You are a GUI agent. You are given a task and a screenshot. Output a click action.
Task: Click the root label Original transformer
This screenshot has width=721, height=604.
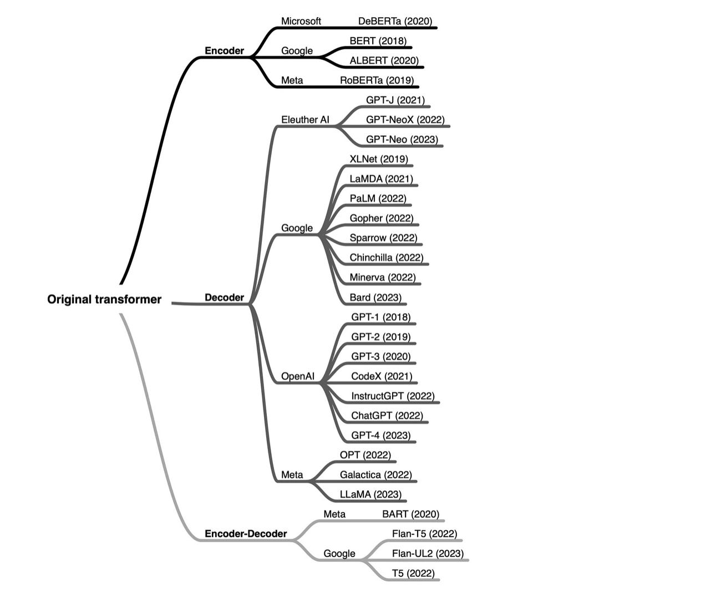pyautogui.click(x=104, y=300)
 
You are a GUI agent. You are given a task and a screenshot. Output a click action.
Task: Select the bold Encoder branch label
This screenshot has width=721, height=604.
pyautogui.click(x=224, y=51)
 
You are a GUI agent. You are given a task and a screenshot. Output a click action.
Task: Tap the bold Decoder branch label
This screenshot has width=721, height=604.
pyautogui.click(x=224, y=298)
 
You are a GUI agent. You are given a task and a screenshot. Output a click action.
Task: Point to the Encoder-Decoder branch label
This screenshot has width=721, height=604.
pyautogui.click(x=246, y=534)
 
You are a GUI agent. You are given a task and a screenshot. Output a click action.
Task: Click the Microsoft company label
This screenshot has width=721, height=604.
pyautogui.click(x=301, y=21)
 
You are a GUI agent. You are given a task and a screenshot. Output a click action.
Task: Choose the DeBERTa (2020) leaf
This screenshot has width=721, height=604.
pyautogui.click(x=395, y=21)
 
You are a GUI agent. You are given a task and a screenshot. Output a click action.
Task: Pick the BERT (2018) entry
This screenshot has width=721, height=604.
pyautogui.click(x=378, y=41)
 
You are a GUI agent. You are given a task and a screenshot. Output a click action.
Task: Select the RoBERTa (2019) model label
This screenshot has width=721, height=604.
pyautogui.click(x=377, y=80)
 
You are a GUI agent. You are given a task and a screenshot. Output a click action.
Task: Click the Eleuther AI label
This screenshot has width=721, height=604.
pyautogui.click(x=305, y=120)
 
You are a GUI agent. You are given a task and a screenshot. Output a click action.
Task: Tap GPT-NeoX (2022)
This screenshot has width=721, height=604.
pyautogui.click(x=405, y=120)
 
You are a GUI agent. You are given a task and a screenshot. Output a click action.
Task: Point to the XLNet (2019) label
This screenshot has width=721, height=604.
pyautogui.click(x=379, y=159)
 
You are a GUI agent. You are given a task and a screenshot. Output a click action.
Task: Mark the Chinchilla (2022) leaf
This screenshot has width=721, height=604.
pyautogui.click(x=386, y=258)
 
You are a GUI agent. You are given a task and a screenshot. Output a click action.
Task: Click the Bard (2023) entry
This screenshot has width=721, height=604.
pyautogui.click(x=375, y=298)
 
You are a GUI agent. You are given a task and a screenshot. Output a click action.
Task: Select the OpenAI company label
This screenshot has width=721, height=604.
pyautogui.click(x=298, y=376)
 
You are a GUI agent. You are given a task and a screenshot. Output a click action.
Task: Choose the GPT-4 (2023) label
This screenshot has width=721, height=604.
pyautogui.click(x=380, y=436)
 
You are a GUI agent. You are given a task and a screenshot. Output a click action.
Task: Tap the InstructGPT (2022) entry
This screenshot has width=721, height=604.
pyautogui.click(x=393, y=396)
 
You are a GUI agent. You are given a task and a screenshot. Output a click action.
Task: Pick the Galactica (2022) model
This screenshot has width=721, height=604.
pyautogui.click(x=375, y=475)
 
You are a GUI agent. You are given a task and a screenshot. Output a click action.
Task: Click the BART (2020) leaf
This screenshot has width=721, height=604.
pyautogui.click(x=410, y=514)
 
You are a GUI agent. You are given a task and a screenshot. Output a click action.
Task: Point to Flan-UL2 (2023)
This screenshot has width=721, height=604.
pyautogui.click(x=428, y=554)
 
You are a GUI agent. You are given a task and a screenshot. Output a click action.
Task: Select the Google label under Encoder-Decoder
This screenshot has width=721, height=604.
pyautogui.click(x=339, y=554)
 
